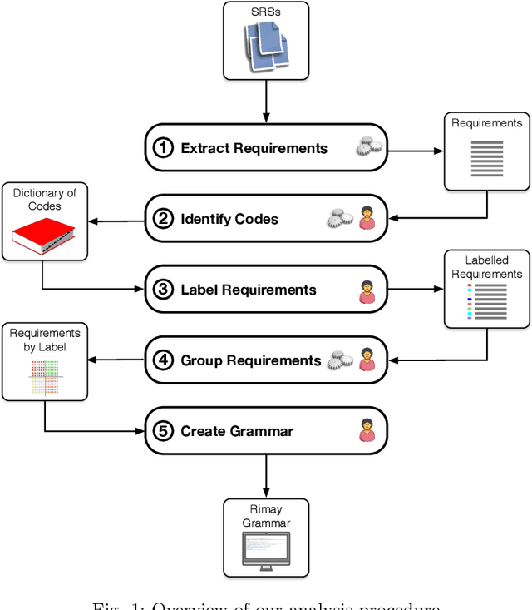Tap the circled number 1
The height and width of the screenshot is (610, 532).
(164, 148)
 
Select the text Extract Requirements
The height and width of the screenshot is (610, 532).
(254, 148)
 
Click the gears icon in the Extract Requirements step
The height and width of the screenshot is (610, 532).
(367, 148)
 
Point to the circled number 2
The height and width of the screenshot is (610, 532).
(164, 219)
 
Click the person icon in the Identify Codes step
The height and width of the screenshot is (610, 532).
(367, 218)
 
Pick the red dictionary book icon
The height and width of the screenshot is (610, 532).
(44, 236)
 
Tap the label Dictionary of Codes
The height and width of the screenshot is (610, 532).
(44, 200)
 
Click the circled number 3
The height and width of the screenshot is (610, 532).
(164, 290)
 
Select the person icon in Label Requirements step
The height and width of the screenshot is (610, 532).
(367, 290)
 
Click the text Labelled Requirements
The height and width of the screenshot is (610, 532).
(487, 267)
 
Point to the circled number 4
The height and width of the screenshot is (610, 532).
(164, 360)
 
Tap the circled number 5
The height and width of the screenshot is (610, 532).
(164, 431)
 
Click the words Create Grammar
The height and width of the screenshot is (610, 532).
(237, 431)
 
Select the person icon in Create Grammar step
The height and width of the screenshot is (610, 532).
(367, 431)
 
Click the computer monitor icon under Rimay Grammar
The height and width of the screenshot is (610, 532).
(266, 549)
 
